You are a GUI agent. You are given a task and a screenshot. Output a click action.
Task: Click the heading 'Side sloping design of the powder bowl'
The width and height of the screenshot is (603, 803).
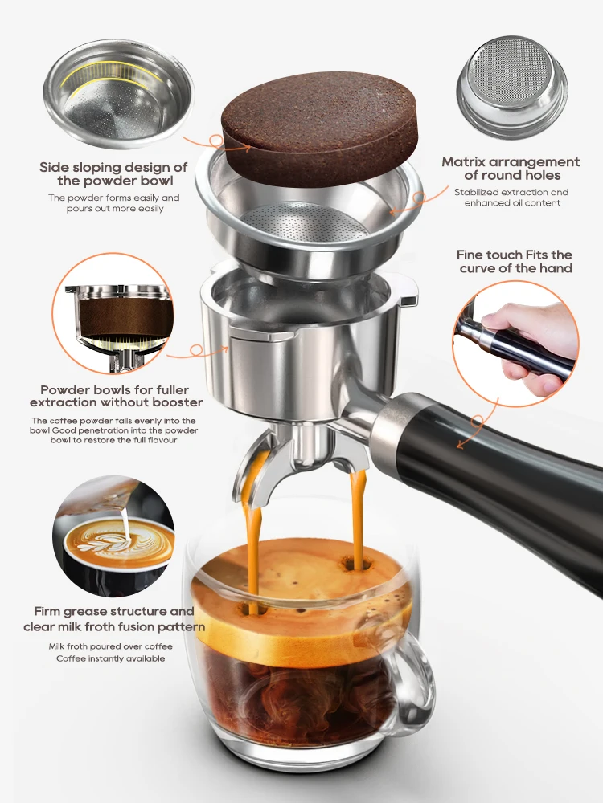click(x=113, y=173)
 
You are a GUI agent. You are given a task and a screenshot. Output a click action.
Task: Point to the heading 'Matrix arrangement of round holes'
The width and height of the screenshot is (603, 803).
click(x=511, y=169)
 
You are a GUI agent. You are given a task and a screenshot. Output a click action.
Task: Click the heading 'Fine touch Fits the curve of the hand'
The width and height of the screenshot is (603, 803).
click(x=515, y=261)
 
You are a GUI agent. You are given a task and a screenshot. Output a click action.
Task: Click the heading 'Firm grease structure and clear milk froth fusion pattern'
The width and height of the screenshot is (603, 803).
click(x=114, y=619)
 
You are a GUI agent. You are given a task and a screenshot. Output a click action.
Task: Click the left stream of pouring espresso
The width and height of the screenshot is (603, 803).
click(x=255, y=538)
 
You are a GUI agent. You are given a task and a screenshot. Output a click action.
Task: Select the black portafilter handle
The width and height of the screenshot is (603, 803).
click(x=507, y=474)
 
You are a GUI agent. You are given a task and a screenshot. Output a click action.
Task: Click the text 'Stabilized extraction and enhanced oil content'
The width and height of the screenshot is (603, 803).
click(x=511, y=198)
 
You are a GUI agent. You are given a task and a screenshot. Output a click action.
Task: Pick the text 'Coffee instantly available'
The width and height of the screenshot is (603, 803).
click(x=110, y=658)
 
